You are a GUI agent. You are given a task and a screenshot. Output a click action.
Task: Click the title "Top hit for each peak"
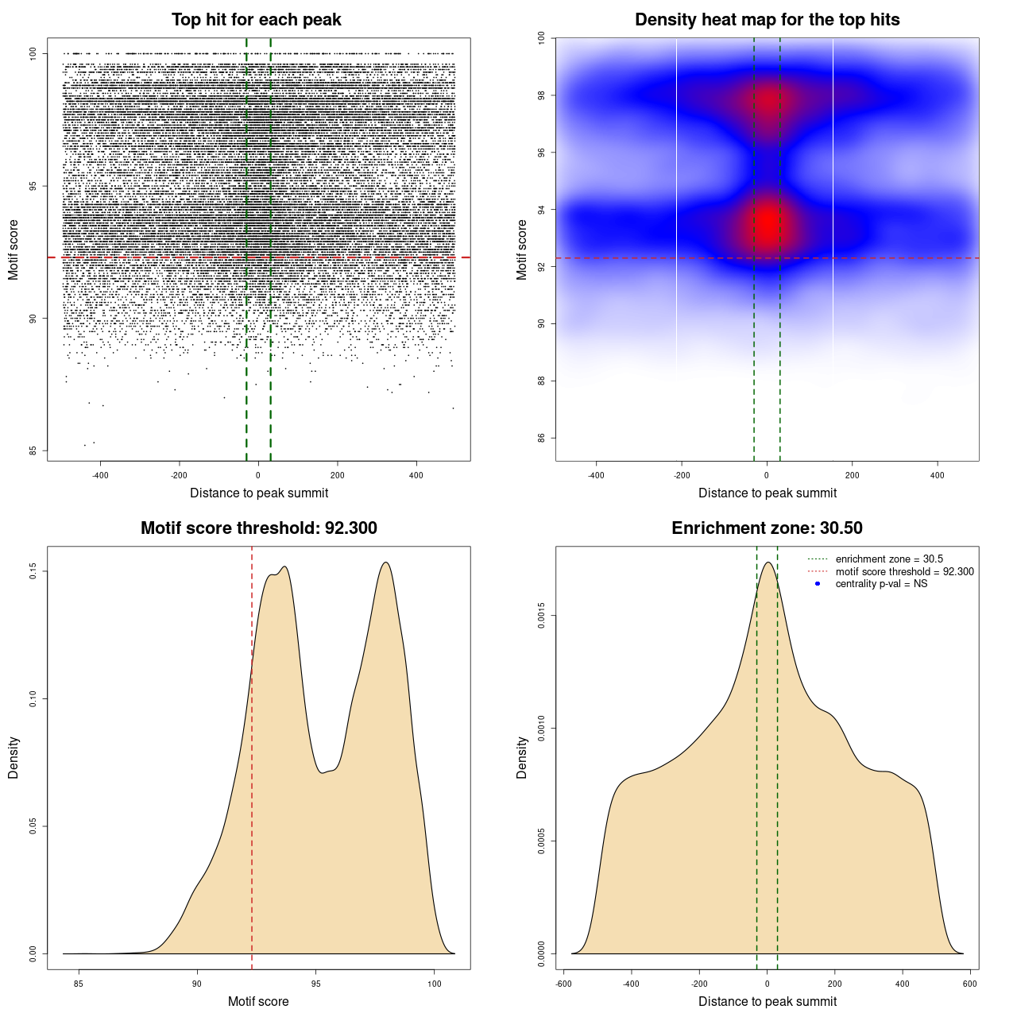pos(257,20)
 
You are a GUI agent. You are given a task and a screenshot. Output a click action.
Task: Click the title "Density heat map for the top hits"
pos(767,20)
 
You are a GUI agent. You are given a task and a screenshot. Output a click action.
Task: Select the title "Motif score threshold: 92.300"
pos(258,528)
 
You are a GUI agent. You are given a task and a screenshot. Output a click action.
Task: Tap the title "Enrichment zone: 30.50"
pos(767,528)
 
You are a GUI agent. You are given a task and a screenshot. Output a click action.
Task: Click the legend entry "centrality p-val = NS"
pos(881,584)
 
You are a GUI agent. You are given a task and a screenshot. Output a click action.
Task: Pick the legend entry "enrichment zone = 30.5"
pos(889,559)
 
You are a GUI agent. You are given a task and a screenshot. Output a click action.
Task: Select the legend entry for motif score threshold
pos(904,572)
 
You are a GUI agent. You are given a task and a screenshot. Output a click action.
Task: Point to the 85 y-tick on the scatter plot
pos(33,450)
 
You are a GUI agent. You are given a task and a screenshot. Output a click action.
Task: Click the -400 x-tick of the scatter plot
pos(100,476)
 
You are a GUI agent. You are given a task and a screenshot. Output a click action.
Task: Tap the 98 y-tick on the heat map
pos(541,95)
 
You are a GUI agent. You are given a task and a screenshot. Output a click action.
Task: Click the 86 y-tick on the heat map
pos(541,438)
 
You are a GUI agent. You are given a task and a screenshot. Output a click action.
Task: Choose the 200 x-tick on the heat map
pos(853,476)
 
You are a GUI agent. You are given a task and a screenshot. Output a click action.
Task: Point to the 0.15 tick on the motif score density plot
pos(33,571)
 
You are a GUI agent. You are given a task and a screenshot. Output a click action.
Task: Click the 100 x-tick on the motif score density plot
pos(434,984)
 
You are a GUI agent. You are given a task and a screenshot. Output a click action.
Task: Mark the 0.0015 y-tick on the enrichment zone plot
pos(541,616)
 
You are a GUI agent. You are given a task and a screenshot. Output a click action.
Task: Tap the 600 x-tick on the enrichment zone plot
pos(970,984)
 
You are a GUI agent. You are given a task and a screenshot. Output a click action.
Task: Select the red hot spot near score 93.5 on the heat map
pos(767,224)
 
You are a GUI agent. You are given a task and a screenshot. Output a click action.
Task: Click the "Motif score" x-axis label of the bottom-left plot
pos(258,1002)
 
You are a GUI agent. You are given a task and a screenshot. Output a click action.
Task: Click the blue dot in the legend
pos(818,584)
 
